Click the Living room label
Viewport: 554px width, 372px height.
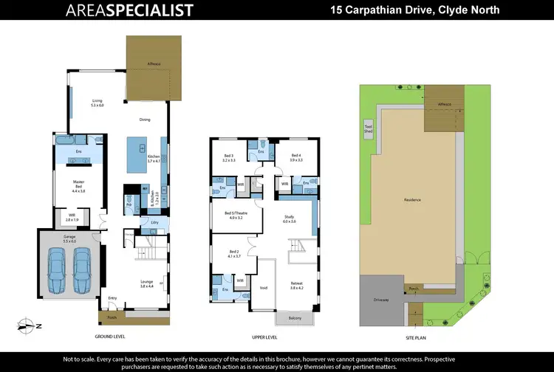(97, 103)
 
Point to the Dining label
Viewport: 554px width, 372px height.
(145, 120)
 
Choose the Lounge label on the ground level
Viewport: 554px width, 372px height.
(146, 283)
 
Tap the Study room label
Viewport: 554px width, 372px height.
(290, 219)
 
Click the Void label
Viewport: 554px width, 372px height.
(264, 288)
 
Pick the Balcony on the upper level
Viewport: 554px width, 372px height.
(294, 319)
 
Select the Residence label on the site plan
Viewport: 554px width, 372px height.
(412, 200)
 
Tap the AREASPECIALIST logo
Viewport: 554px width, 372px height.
(129, 10)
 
